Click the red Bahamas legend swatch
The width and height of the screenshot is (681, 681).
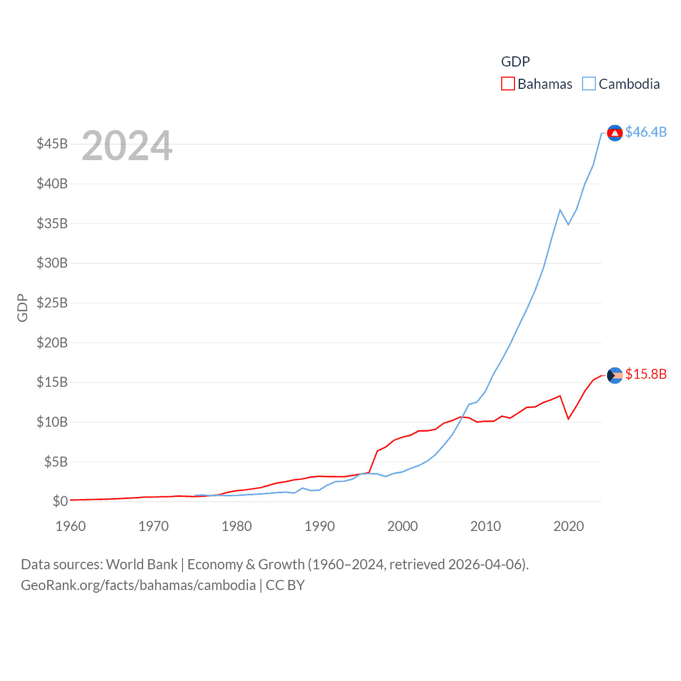[x=508, y=84]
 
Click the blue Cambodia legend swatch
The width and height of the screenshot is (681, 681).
[x=589, y=84]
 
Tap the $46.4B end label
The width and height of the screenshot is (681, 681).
[x=646, y=132]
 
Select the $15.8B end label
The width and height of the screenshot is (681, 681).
[x=646, y=374]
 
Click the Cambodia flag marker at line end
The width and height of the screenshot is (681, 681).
[x=615, y=133]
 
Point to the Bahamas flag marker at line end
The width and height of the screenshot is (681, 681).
[x=615, y=376]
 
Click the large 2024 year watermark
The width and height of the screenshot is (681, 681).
[x=127, y=145]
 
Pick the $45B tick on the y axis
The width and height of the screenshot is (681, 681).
[x=52, y=144]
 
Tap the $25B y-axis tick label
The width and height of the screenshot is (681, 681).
[x=52, y=303]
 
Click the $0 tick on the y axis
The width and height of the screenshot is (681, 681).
[x=60, y=501]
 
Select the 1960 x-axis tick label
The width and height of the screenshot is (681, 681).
[x=71, y=526]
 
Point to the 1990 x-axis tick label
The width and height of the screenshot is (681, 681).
[x=320, y=526]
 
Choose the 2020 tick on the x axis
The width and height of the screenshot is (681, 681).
[x=569, y=526]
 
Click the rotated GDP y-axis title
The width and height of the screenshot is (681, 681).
[x=22, y=308]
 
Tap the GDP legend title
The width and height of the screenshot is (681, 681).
[x=516, y=62]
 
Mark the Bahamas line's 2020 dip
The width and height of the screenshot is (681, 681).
[x=569, y=419]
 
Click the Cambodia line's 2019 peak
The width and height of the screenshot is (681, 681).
[x=560, y=210]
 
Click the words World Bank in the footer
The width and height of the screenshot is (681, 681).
[x=142, y=564]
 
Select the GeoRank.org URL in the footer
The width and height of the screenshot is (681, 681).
[x=138, y=585]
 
